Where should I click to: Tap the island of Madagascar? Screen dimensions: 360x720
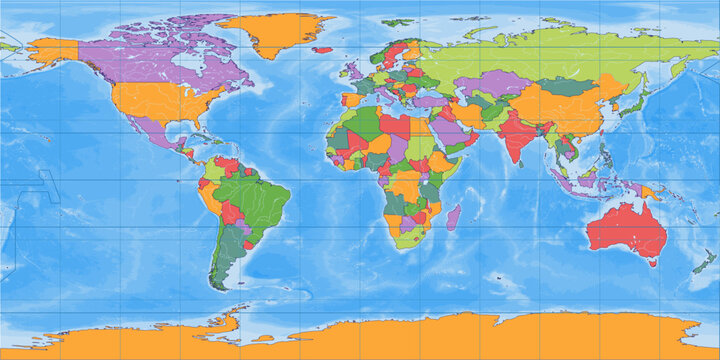point(453,216)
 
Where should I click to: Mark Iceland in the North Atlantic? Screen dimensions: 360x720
point(322,49)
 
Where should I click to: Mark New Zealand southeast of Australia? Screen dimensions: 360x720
point(706,263)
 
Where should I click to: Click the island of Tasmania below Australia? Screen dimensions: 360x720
point(653,263)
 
